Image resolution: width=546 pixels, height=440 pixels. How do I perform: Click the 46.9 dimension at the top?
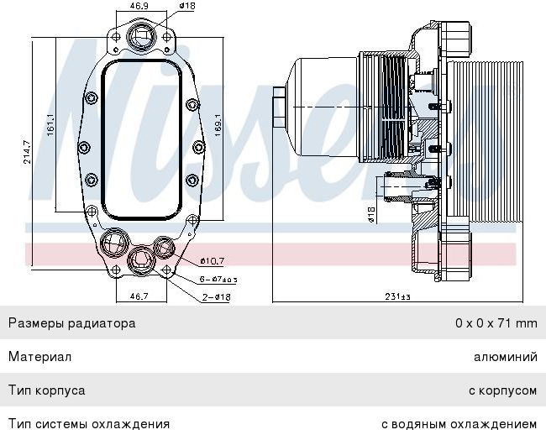139,6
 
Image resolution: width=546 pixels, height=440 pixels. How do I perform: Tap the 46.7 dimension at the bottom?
139,296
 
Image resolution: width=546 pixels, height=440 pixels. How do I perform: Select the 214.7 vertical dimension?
27,152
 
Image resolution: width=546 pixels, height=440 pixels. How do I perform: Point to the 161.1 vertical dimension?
51,124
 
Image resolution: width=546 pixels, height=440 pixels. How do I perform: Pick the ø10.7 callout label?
212,261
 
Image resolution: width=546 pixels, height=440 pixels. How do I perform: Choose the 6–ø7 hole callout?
218,279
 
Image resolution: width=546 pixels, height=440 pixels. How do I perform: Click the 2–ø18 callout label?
217,297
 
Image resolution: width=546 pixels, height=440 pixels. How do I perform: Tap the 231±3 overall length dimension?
397,296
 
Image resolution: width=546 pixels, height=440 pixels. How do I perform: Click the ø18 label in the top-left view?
187,6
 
